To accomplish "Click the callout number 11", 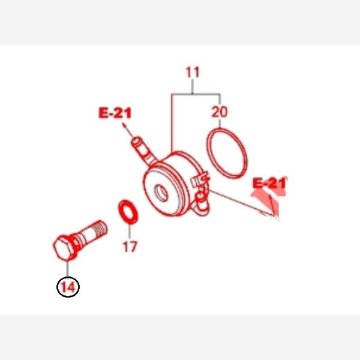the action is pos(193,72).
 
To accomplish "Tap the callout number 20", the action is pos(220,112).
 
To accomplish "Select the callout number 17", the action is pos(130,247).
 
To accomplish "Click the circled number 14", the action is pos(68,287).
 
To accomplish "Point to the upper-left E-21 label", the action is pos(115,113).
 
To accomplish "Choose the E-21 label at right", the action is pos(269,183).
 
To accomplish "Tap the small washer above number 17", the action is pos(128,212).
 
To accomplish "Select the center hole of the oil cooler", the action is pos(161,193).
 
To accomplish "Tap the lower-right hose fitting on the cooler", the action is pos(202,200).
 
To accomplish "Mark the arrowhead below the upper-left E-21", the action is pos(124,125).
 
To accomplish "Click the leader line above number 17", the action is pos(130,231).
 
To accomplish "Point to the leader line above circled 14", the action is pos(68,268).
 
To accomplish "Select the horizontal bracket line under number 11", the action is pos(196,94).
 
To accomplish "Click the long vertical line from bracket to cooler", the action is pos(172,123).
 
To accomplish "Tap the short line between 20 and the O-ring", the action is pos(220,123).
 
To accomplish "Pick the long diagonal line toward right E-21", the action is pos(242,203).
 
